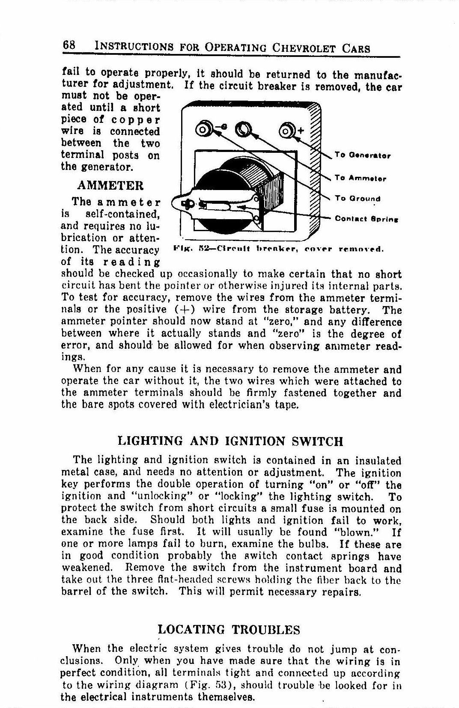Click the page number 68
point(69,45)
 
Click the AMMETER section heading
point(110,186)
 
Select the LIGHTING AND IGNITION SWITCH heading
point(230,441)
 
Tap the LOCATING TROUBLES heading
point(229,630)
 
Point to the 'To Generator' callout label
point(363,155)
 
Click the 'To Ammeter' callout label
point(361,178)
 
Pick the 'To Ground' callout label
point(358,199)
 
